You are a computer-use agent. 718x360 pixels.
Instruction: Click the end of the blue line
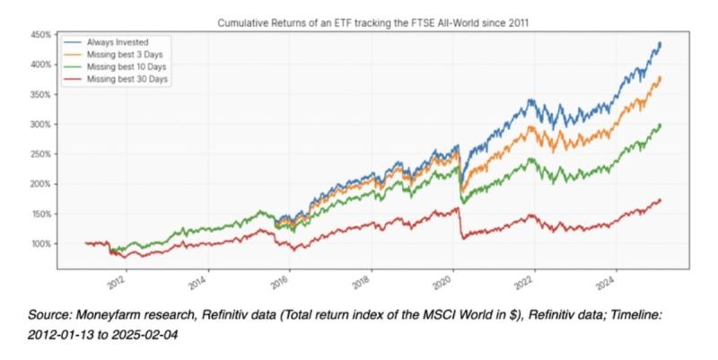tap(661, 42)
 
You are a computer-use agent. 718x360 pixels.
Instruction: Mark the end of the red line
tap(661, 199)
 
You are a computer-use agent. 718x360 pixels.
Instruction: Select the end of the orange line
tap(661, 77)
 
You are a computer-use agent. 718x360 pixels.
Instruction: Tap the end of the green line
tap(661, 125)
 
